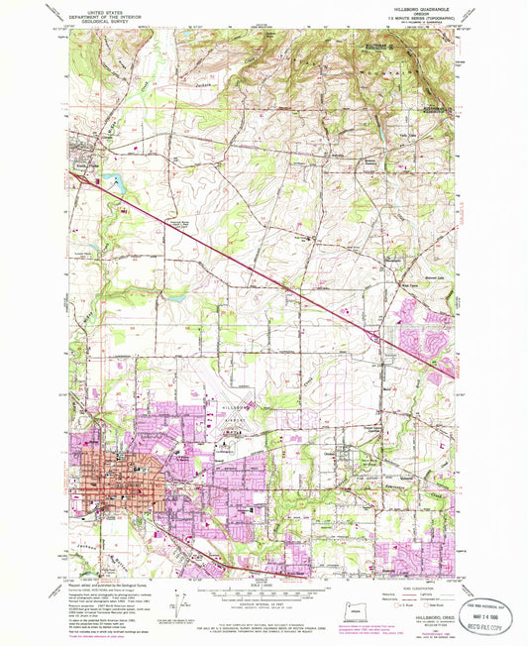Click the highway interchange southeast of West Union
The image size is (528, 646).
coord(379,339)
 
